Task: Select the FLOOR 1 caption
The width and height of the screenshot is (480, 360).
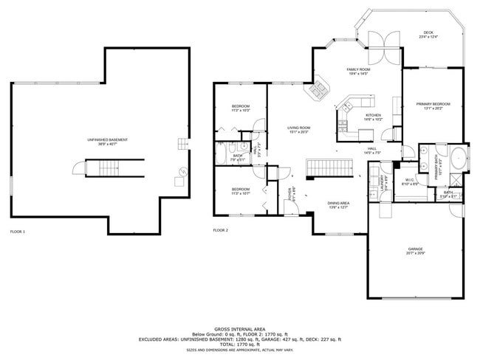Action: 17,232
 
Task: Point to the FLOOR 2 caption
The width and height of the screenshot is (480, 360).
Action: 221,232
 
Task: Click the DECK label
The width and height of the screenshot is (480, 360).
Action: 427,34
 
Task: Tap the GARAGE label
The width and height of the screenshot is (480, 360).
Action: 415,250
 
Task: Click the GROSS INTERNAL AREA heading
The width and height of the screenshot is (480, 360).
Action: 240,329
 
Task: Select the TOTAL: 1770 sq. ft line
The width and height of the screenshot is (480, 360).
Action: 240,344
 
